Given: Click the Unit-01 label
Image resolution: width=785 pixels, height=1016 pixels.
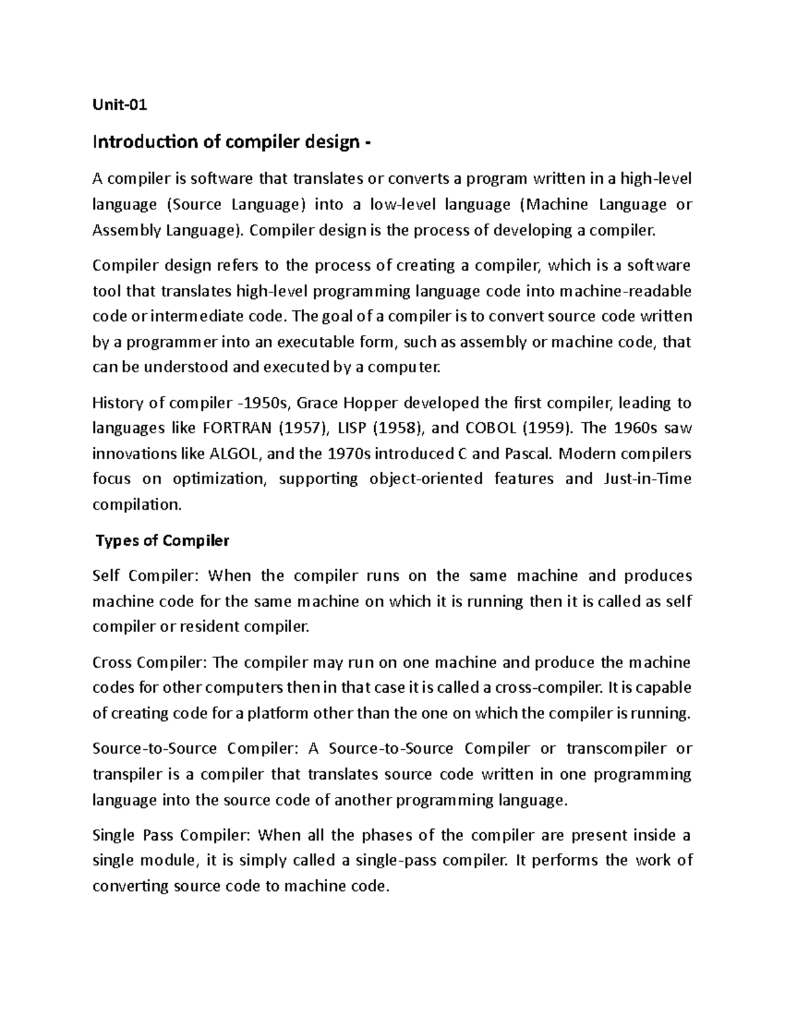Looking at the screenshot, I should [x=120, y=104].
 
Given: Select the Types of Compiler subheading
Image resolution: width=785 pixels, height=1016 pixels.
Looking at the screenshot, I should [x=162, y=540].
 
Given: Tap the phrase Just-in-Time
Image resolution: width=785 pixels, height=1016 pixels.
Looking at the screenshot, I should [x=644, y=479].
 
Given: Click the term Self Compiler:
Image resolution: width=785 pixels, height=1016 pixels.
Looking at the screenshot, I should [x=149, y=576].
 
